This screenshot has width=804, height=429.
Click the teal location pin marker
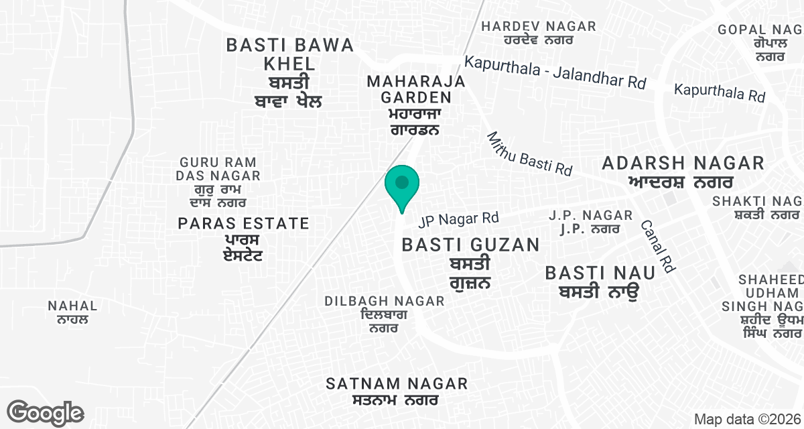[401, 185]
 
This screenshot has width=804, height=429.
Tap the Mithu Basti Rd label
[529, 154]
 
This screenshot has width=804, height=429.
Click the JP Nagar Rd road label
[459, 219]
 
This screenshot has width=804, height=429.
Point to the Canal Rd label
[657, 246]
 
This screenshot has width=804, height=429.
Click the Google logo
[45, 412]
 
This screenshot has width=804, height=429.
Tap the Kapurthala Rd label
[719, 93]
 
